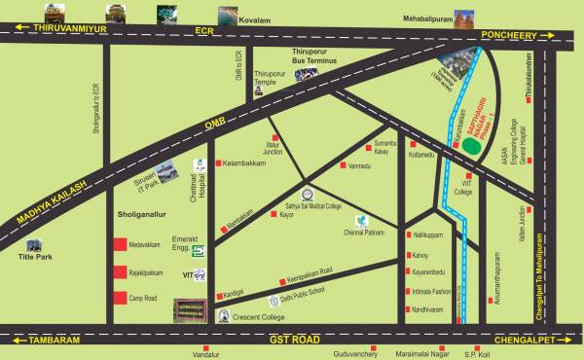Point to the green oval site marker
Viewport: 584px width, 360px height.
(470, 147)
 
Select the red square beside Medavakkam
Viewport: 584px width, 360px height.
(120, 244)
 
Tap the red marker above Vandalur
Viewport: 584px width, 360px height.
(204, 346)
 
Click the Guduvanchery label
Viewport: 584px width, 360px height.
(360, 355)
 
